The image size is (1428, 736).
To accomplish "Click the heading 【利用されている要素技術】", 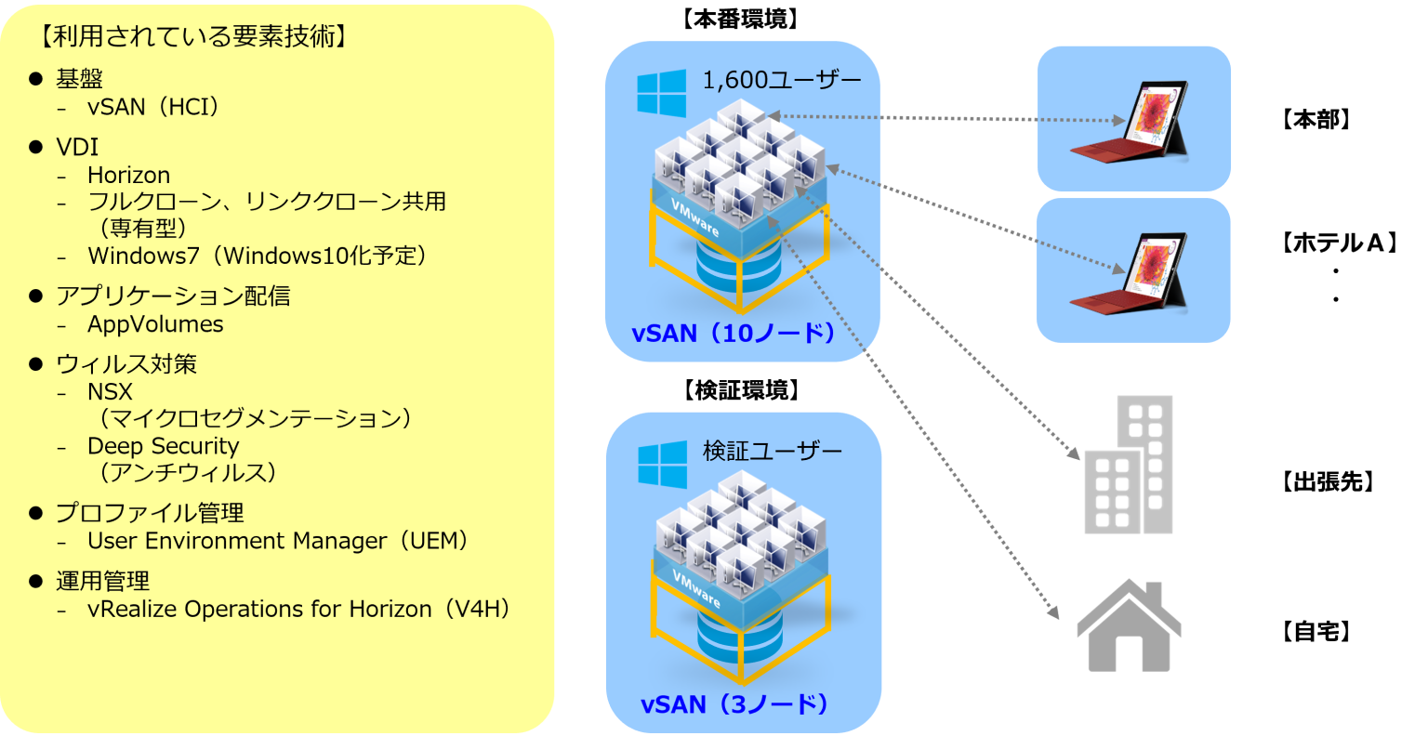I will pos(194,37).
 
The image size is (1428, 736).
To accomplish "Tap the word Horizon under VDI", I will pos(129,175).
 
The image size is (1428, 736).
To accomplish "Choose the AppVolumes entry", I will pos(155,324).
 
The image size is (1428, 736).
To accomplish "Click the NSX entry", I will pos(110,391).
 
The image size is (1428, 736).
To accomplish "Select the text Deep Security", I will pos(164,446).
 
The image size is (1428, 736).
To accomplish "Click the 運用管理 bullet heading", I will pos(102,581).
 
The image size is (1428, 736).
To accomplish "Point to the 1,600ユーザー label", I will pos(782,80).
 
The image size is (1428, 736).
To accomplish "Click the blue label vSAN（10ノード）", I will pos(735,333).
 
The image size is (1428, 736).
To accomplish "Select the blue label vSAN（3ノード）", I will pos(735,704).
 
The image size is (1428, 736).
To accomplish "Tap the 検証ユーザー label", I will pos(773,452).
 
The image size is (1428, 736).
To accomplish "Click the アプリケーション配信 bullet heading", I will pos(173,296).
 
